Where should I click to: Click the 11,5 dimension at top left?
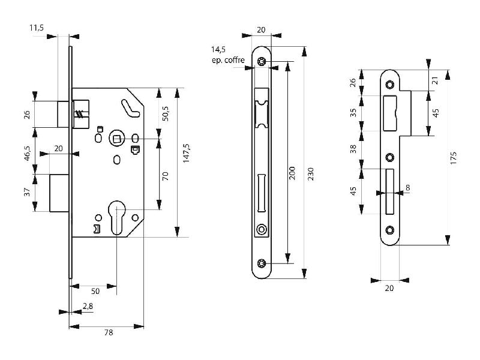[x=37, y=28]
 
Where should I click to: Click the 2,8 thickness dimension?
[x=88, y=306]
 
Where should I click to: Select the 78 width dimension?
[x=109, y=332]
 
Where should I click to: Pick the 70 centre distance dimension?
[x=166, y=176]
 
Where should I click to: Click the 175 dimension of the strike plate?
[x=454, y=157]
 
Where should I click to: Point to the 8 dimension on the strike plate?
[x=407, y=188]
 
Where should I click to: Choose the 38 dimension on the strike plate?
[x=353, y=148]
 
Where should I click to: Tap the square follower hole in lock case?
[x=116, y=139]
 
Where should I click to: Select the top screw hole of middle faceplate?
[x=262, y=61]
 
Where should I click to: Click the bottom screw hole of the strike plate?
[x=390, y=230]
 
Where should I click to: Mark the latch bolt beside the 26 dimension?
[x=62, y=114]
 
